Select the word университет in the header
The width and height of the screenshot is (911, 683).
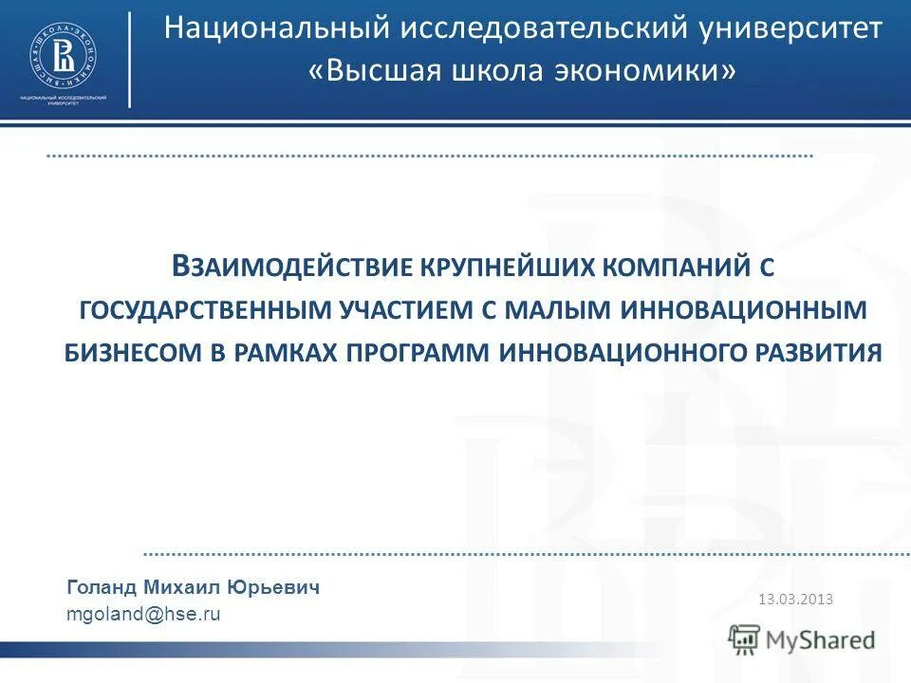pos(792,28)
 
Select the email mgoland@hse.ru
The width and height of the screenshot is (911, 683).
pos(143,614)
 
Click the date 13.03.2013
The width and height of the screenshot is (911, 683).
pos(795,599)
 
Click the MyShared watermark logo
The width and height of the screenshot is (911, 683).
pos(802,640)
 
